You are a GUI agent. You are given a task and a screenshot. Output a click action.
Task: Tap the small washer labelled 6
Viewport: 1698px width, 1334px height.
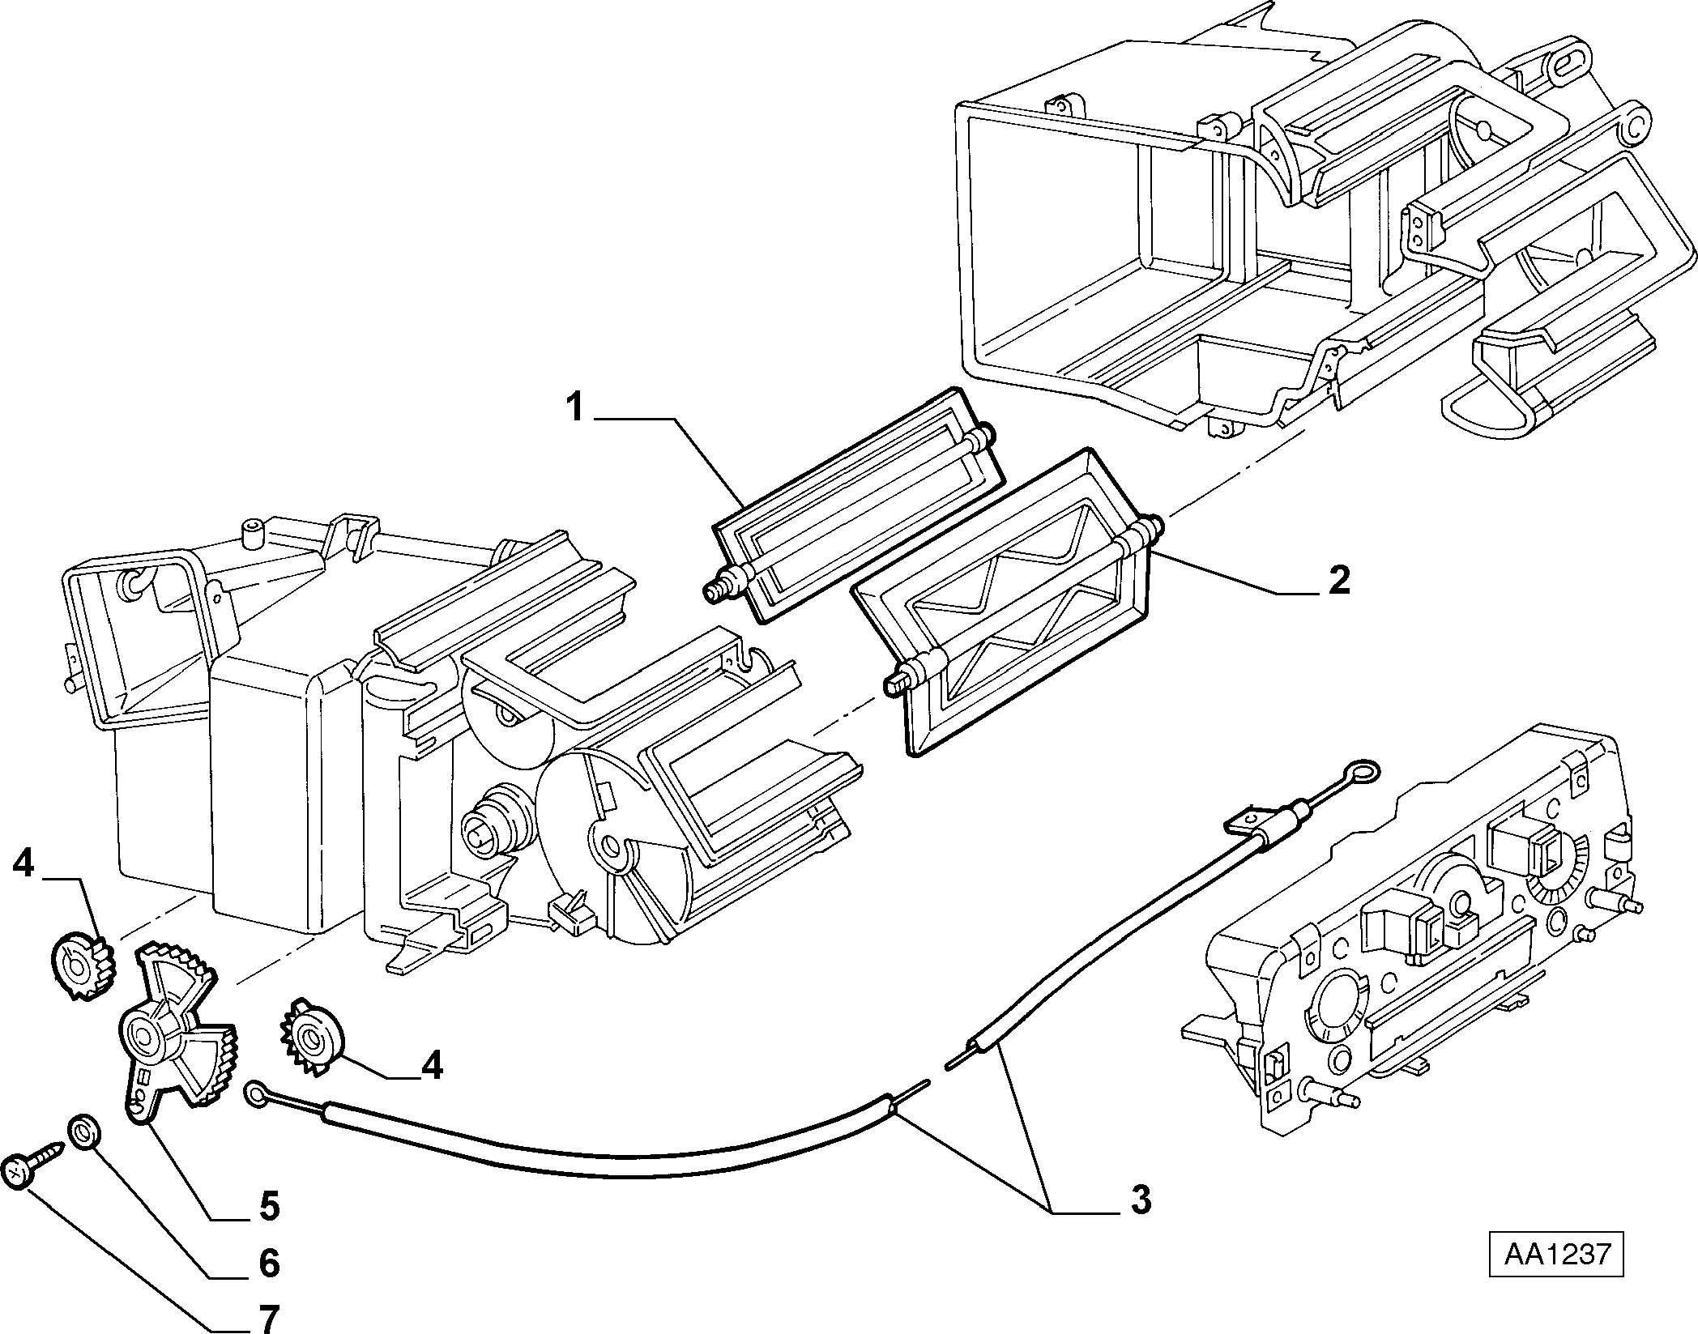[83, 1132]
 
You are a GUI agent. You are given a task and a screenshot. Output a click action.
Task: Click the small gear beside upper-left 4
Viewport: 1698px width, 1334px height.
[84, 966]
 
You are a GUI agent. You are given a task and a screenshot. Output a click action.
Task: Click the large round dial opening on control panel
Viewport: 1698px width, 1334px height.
[1330, 1004]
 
